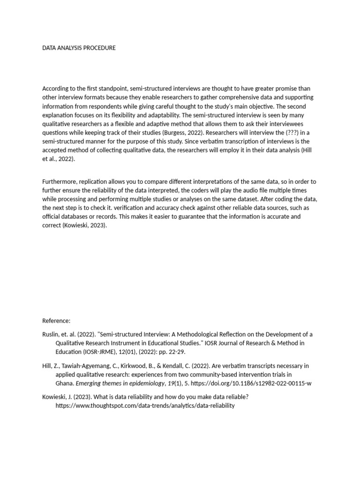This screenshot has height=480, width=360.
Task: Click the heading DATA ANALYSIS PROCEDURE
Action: point(79,48)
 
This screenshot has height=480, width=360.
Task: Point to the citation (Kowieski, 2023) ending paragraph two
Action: point(84,225)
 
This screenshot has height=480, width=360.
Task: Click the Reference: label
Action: point(56,321)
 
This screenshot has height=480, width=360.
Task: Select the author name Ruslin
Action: point(50,334)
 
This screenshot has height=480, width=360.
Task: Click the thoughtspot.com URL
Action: point(144,405)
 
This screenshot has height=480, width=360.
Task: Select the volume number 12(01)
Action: point(135,352)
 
